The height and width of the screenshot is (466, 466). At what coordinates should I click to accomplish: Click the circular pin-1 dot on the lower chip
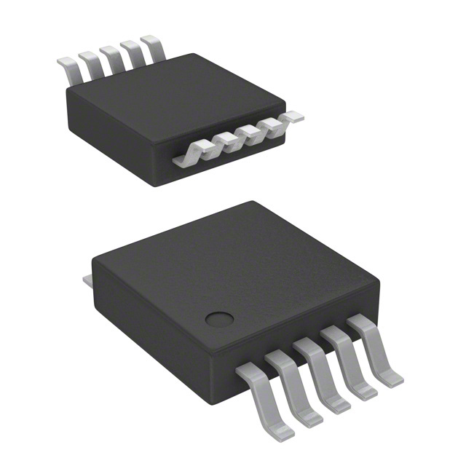point(216,318)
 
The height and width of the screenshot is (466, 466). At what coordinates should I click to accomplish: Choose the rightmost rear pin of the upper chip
point(153,45)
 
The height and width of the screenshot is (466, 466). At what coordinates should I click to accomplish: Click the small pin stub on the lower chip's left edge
point(86,279)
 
